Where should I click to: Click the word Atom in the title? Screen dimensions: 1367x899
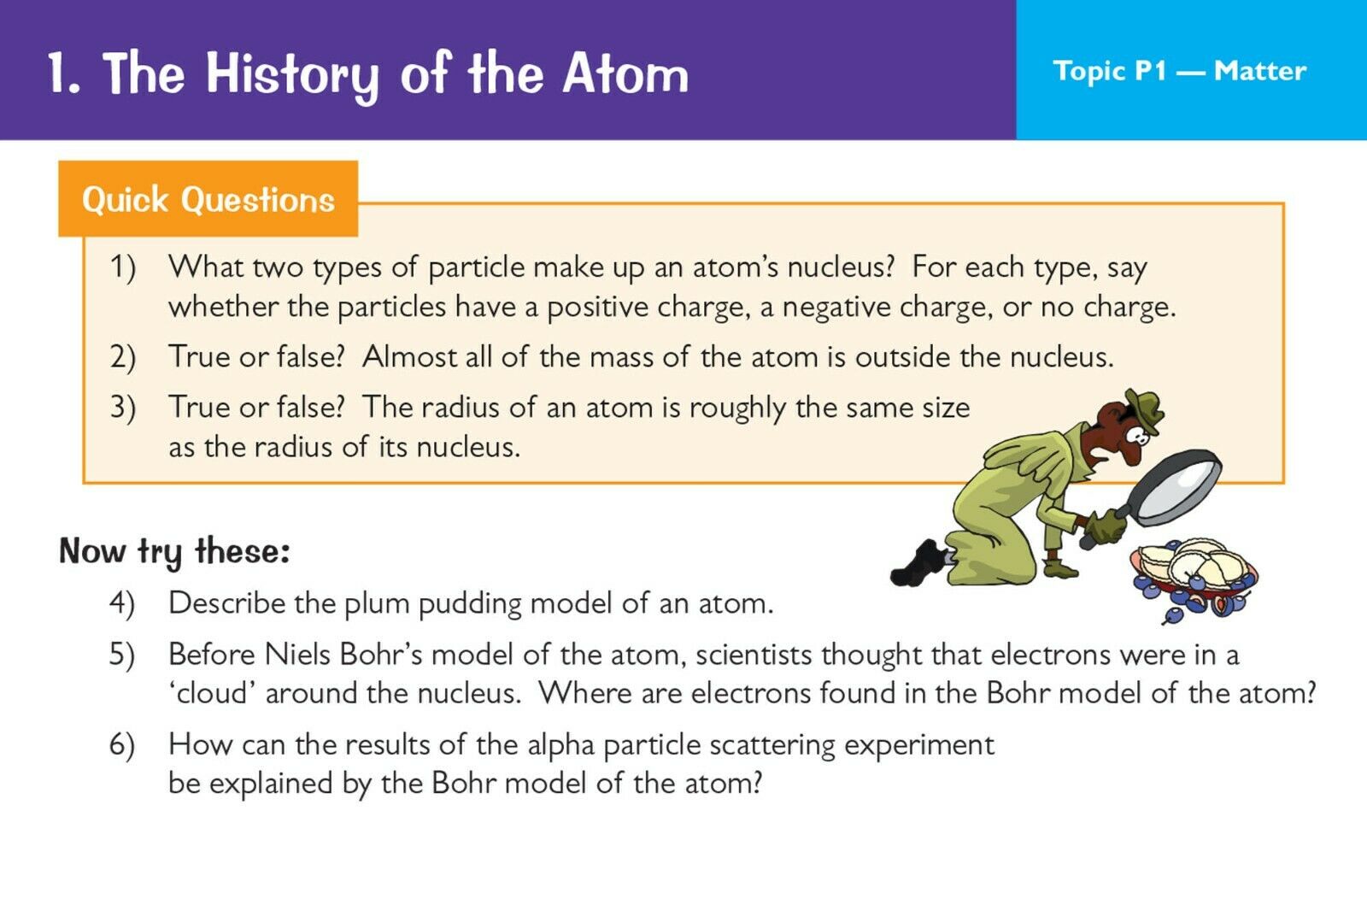pyautogui.click(x=625, y=73)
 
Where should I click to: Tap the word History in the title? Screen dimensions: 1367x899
pyautogui.click(x=292, y=76)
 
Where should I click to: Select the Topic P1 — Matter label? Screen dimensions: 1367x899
pyautogui.click(x=1180, y=71)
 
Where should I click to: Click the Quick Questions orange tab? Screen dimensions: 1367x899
pyautogui.click(x=208, y=199)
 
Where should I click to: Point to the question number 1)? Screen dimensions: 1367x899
pyautogui.click(x=123, y=268)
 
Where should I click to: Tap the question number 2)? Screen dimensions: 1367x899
pyautogui.click(x=123, y=357)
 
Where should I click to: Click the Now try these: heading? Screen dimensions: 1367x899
pyautogui.click(x=174, y=552)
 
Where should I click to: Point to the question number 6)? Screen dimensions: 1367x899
pyautogui.click(x=122, y=746)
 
